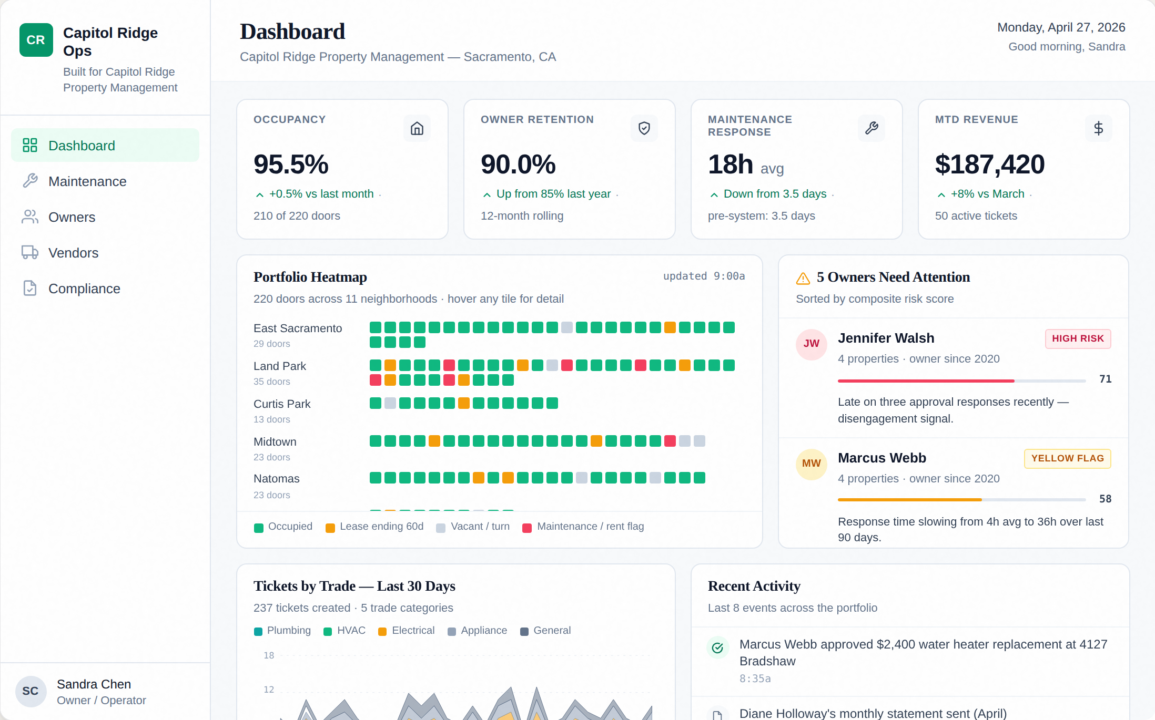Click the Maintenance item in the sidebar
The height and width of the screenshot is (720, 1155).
(87, 181)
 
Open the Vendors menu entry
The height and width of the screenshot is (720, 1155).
(73, 253)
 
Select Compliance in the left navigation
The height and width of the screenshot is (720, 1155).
(84, 289)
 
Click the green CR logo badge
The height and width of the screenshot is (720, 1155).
(36, 40)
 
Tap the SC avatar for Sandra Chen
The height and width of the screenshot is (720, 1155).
(31, 691)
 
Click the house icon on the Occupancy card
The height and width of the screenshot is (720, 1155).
(417, 128)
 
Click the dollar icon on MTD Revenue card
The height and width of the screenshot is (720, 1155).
(1098, 128)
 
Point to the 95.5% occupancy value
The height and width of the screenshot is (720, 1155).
(291, 164)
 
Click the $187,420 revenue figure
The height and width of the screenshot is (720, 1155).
(989, 164)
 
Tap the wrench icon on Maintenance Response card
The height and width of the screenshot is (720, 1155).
(871, 128)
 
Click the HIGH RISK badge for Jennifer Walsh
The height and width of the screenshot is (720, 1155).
(1078, 338)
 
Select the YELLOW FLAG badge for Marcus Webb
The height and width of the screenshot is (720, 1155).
(1067, 458)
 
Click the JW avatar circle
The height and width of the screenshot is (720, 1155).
(811, 344)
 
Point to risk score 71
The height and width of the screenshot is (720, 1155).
(1105, 379)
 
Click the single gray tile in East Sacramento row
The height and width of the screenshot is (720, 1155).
(566, 327)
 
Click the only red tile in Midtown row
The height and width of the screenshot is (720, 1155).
(670, 441)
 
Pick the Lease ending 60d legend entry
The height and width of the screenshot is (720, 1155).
(374, 527)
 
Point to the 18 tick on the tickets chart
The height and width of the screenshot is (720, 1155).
(269, 655)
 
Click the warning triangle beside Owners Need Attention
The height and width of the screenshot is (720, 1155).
(803, 278)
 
